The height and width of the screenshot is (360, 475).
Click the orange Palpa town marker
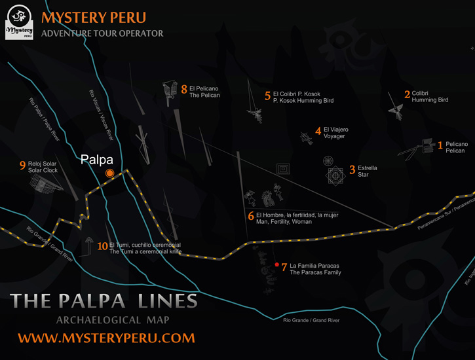110,173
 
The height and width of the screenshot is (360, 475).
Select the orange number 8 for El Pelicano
184,89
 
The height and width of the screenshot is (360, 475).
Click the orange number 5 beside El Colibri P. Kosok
267,96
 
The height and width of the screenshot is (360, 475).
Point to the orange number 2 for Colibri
407,96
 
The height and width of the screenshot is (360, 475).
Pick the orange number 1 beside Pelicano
440,146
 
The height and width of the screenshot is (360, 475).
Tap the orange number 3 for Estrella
352,170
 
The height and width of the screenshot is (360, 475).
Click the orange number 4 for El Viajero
318,132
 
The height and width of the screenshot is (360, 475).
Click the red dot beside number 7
277,264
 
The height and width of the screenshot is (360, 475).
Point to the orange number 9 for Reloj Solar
22,166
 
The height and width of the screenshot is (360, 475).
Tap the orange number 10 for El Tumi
102,247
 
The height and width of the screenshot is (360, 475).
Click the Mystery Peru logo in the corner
20,22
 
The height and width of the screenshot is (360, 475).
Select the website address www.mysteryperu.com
106,338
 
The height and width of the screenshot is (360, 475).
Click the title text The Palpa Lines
104,301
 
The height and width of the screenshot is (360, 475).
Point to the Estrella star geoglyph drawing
335,175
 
